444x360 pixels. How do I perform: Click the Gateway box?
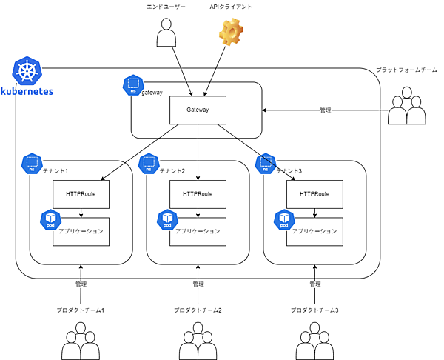click(198, 110)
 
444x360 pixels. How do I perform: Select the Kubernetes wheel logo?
click(28, 73)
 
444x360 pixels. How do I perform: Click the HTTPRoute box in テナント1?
click(81, 194)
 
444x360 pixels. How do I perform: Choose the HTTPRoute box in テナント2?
click(198, 194)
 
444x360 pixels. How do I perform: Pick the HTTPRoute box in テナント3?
click(314, 194)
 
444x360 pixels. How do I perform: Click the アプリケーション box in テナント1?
click(81, 231)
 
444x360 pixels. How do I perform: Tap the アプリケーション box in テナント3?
click(314, 231)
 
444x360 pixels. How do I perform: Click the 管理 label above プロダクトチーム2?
click(198, 284)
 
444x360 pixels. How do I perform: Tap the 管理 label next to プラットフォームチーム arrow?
click(325, 110)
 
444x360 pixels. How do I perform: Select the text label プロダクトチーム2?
click(198, 310)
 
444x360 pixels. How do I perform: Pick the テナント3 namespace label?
click(289, 171)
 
